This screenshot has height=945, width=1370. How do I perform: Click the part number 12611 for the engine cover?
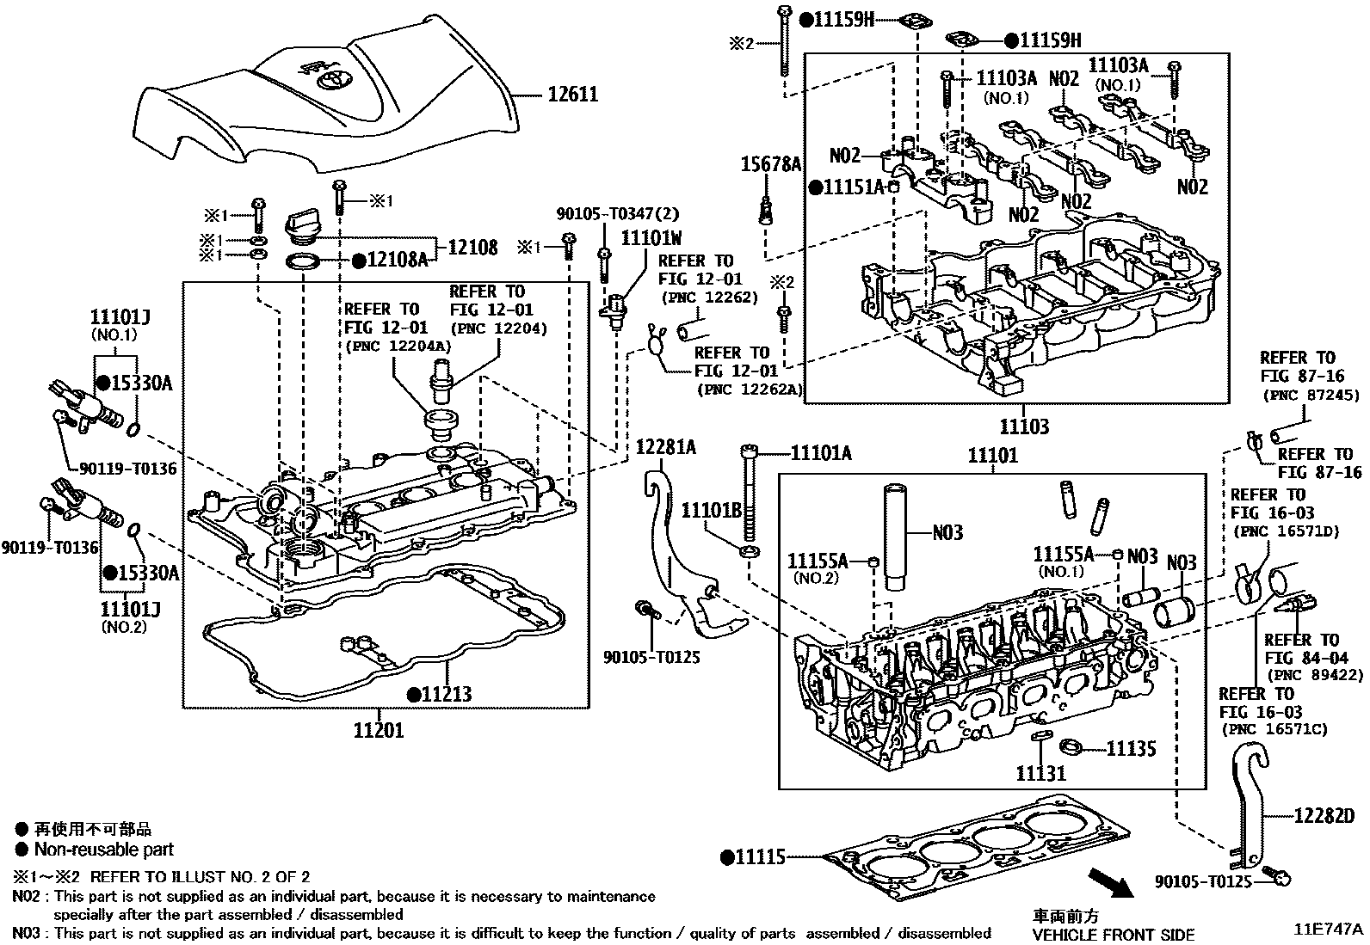tap(572, 94)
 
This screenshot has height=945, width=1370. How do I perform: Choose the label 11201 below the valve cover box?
tap(378, 731)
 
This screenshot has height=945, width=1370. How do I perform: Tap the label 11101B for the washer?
tap(711, 511)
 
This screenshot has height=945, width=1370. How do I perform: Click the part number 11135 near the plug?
tap(1131, 749)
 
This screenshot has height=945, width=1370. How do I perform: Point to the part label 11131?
tap(1041, 773)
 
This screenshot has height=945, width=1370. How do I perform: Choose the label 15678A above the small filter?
tap(772, 164)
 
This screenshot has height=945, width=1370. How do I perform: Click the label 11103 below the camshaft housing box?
tap(1023, 426)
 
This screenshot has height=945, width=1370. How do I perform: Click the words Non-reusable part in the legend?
tap(103, 850)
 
